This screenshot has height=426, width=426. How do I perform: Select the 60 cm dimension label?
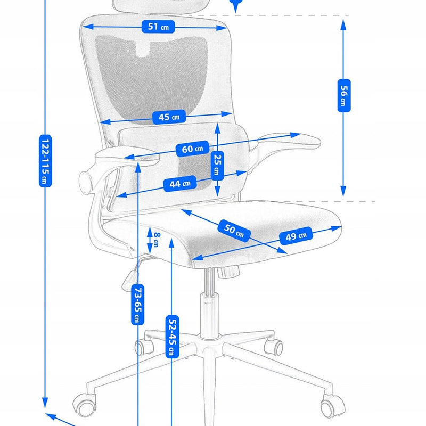click(192, 149)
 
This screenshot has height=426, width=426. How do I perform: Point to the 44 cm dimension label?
click(179, 184)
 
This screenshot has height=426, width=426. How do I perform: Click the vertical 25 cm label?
click(217, 164)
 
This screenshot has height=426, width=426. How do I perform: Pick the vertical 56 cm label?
click(343, 96)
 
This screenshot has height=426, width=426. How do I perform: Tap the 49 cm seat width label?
click(296, 236)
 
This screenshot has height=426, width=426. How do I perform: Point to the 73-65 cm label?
click(137, 304)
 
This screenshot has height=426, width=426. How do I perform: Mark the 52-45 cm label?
click(171, 335)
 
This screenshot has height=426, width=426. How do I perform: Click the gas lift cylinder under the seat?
click(209, 309)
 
